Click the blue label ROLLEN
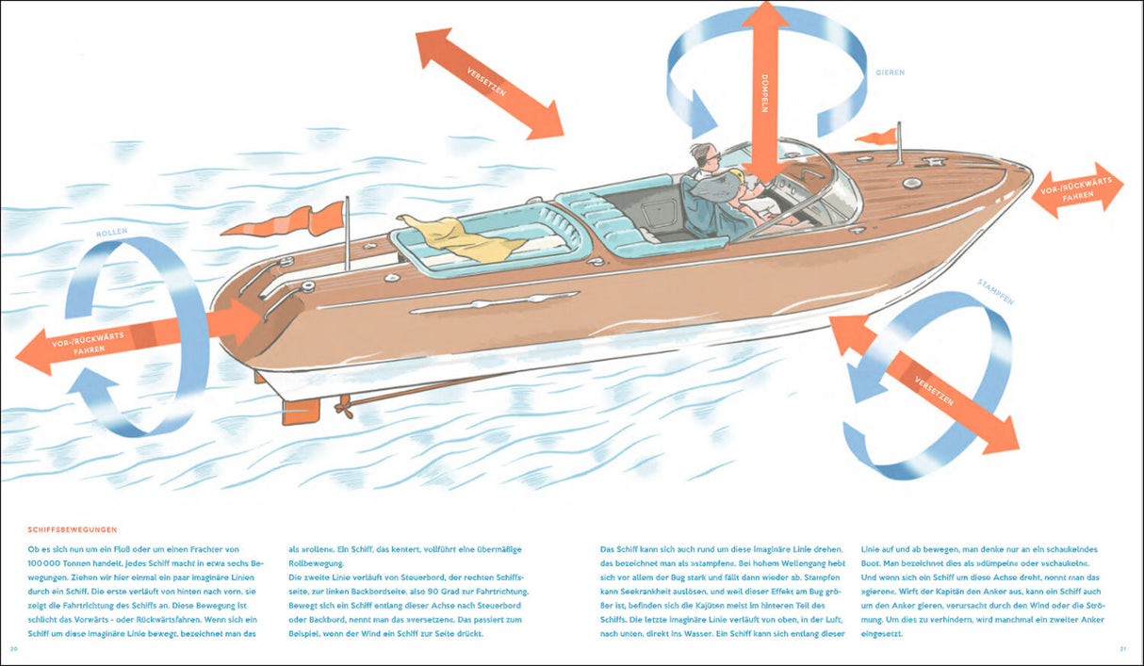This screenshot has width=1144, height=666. point(111,233)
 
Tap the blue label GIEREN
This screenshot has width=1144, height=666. point(890,72)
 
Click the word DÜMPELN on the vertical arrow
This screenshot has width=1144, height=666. point(765,93)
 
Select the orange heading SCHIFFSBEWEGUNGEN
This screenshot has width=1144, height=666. point(73,530)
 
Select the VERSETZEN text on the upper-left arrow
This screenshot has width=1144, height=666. point(486,81)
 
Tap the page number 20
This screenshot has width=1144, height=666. point(14,649)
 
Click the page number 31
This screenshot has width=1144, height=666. point(1123,649)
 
